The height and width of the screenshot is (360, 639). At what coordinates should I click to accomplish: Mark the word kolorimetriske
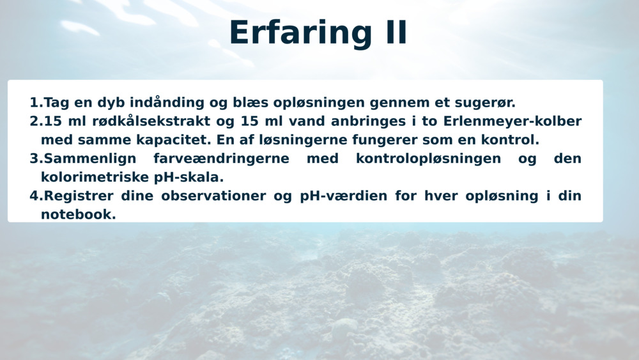pyautogui.click(x=94, y=177)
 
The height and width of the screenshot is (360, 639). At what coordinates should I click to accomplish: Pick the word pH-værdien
pyautogui.click(x=343, y=196)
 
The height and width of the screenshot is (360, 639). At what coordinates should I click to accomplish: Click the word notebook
pyautogui.click(x=78, y=214)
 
